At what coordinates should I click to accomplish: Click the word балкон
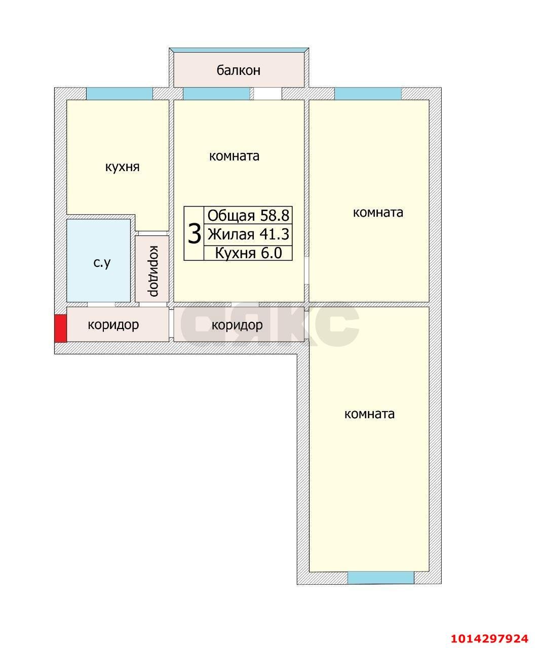[x=238, y=70]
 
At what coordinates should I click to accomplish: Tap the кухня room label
[x=122, y=167]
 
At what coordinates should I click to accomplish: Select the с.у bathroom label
[x=102, y=263]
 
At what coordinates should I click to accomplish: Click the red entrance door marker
[x=60, y=328]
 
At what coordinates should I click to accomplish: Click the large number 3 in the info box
[x=194, y=234]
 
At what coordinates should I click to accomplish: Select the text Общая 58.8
[x=248, y=216]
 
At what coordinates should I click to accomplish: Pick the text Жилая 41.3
[x=248, y=234]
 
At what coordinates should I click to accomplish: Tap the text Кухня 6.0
[x=248, y=253]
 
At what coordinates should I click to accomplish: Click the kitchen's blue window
[x=119, y=94]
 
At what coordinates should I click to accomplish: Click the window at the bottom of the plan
[x=380, y=578]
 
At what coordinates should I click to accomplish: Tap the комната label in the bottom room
[x=369, y=414]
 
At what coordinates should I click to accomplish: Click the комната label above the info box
[x=234, y=156]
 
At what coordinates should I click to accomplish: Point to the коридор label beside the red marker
[x=113, y=325]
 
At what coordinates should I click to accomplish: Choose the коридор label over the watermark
[x=237, y=325]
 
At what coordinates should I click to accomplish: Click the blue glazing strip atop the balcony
[x=239, y=50]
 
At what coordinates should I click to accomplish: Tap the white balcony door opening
[x=267, y=94]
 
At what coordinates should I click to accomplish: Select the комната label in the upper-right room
[x=378, y=213]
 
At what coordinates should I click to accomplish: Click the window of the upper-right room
[x=368, y=94]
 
